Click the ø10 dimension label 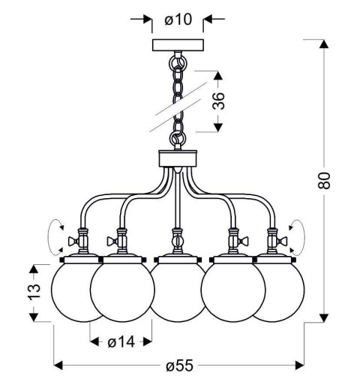click(172, 18)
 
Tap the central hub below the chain click(177, 159)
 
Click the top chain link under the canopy click(178, 58)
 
